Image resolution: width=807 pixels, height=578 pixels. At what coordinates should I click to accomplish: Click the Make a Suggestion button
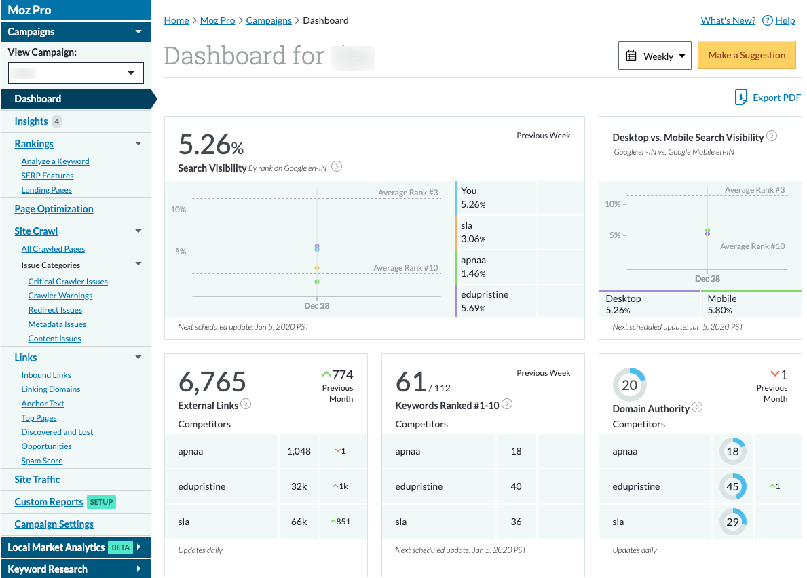pyautogui.click(x=746, y=56)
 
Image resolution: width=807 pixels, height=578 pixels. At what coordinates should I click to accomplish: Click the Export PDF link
pyautogui.click(x=768, y=98)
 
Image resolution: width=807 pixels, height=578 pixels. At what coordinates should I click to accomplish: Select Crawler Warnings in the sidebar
pyautogui.click(x=60, y=296)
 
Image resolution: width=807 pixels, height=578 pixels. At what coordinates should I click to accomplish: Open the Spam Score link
pyautogui.click(x=42, y=461)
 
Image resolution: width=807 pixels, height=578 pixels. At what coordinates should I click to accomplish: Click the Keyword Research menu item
pyautogui.click(x=48, y=569)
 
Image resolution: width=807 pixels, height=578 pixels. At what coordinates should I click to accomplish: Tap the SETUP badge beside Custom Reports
pyautogui.click(x=101, y=502)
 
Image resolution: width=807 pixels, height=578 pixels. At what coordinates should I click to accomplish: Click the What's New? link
pyautogui.click(x=728, y=20)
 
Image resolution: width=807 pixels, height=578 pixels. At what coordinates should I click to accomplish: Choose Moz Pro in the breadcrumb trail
pyautogui.click(x=217, y=20)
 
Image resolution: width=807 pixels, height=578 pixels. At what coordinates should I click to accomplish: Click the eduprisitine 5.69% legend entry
pyautogui.click(x=484, y=301)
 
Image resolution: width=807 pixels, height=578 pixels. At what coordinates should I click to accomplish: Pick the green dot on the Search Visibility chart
pyautogui.click(x=317, y=281)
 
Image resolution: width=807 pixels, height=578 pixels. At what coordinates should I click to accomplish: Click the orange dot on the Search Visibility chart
pyautogui.click(x=317, y=268)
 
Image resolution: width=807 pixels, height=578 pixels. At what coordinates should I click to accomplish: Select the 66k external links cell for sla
pyautogui.click(x=299, y=522)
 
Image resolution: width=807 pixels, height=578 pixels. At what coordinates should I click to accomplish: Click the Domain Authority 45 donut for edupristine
pyautogui.click(x=733, y=486)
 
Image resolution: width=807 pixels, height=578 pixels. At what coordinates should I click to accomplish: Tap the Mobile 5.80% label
pyautogui.click(x=721, y=304)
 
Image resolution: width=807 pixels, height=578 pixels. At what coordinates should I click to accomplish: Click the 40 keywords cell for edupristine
pyautogui.click(x=516, y=486)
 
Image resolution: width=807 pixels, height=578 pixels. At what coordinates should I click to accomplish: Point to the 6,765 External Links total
pyautogui.click(x=212, y=383)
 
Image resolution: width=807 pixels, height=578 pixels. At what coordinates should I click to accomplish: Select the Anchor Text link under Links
pyautogui.click(x=43, y=404)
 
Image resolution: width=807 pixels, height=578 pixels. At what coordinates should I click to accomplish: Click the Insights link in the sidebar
pyautogui.click(x=31, y=121)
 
